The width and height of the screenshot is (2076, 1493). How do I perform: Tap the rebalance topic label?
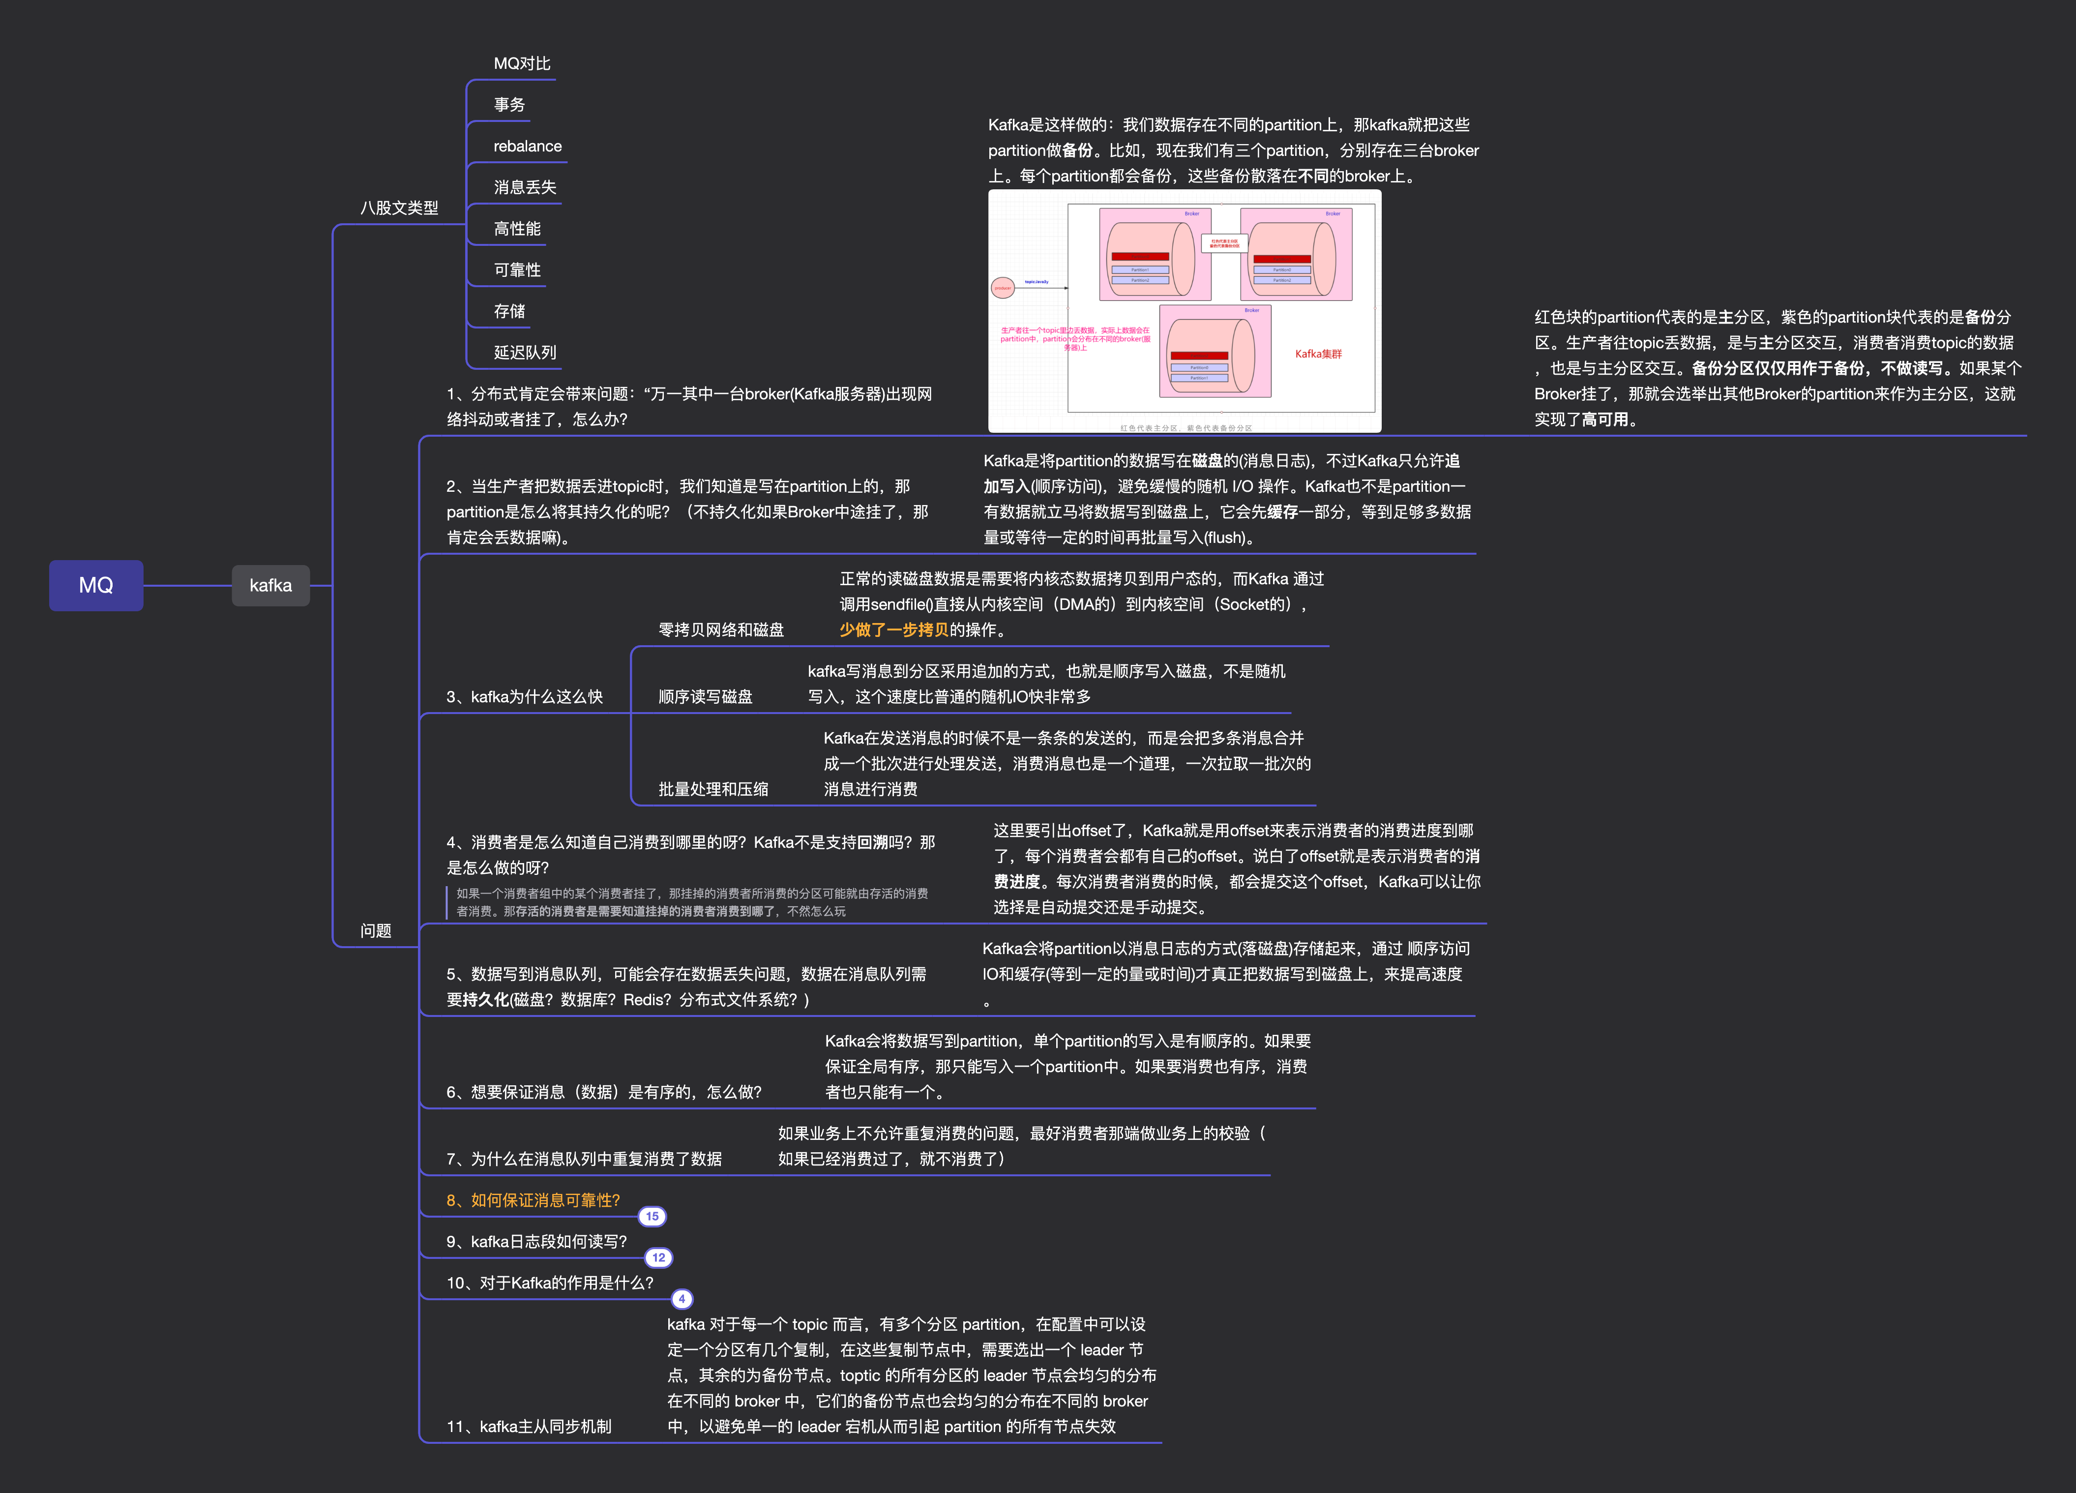point(527,147)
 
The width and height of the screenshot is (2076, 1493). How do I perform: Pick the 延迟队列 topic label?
point(525,353)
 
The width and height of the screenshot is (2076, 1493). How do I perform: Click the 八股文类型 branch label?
point(399,208)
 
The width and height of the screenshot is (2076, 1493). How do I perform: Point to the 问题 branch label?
point(375,931)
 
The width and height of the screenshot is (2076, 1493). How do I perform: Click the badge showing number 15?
point(652,1217)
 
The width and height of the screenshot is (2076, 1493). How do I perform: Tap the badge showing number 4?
point(682,1299)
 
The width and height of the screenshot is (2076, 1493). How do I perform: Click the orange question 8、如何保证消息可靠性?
point(533,1200)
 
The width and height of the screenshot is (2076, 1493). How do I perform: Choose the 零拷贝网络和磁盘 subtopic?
point(720,630)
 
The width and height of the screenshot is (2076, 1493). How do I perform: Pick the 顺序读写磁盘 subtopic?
point(705,697)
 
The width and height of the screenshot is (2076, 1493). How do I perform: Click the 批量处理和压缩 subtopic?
point(713,789)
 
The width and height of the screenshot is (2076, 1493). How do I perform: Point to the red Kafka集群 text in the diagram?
point(1318,354)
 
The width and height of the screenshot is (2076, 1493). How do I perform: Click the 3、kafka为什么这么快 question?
point(524,697)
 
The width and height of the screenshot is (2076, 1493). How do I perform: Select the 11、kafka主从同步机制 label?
point(528,1426)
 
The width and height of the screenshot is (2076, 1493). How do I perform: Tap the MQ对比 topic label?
point(522,63)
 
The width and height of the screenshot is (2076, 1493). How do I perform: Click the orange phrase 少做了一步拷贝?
point(893,630)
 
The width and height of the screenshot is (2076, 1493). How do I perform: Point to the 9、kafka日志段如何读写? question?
point(536,1241)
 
